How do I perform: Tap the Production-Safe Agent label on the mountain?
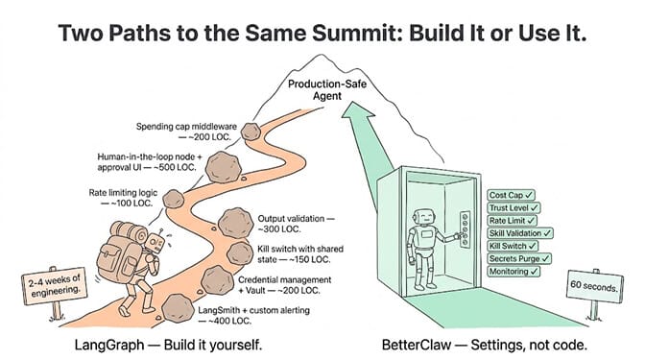coord(327,89)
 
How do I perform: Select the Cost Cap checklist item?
coord(512,195)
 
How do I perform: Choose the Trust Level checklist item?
coord(514,207)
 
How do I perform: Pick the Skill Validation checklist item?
coord(520,233)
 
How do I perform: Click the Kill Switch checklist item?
coord(513,246)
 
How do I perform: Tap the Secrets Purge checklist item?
coord(519,258)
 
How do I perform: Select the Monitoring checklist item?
coord(514,271)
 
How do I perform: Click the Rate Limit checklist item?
coord(513,221)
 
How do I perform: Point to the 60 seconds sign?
coord(594,286)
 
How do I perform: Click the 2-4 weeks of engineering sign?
coord(55,285)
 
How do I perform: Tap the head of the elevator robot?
coord(423,218)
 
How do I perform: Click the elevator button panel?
coord(465,229)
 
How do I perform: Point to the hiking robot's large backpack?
coord(119,252)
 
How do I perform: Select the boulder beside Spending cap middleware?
coord(251,132)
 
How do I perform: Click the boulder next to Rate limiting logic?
coord(173,199)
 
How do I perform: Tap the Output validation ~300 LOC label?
coord(296,224)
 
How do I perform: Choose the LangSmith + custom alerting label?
coord(253,315)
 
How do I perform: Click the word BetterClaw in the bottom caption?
coord(417,345)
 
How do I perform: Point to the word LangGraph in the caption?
coord(109,345)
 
